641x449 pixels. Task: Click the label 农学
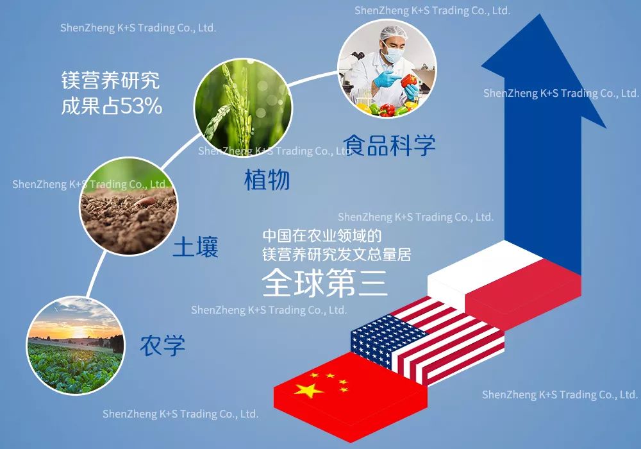pos(162,345)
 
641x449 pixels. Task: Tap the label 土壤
pos(196,246)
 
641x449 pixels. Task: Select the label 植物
pos(267,180)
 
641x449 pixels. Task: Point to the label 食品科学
pos(389,145)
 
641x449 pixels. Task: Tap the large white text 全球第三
pos(324,283)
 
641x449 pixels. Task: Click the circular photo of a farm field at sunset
pos(75,346)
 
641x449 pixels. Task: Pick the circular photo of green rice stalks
pos(243,108)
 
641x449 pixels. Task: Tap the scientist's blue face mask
pos(392,54)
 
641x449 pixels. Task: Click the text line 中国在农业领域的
pos(322,235)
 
